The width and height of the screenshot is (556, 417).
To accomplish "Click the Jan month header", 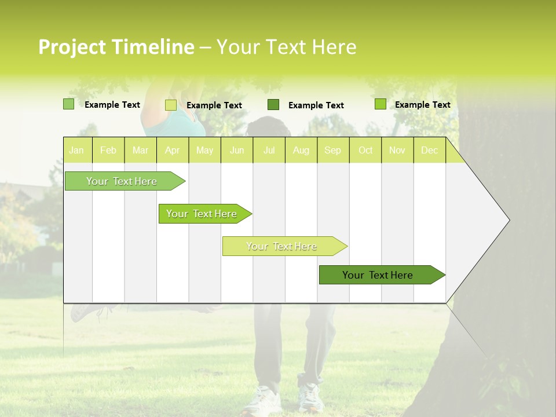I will (x=77, y=151).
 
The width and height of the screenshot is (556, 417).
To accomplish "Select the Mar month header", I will (x=140, y=151).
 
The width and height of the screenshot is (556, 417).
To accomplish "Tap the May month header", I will (x=204, y=151).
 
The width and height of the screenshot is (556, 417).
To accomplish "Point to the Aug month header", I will (x=301, y=151).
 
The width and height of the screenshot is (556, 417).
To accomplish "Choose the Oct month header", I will (x=365, y=151).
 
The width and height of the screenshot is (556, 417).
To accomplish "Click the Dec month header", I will (x=429, y=151).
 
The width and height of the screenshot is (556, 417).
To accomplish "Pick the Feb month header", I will (x=108, y=151).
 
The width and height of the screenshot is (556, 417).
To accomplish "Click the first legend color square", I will (x=68, y=104).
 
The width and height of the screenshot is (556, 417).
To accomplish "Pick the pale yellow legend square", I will (x=170, y=105).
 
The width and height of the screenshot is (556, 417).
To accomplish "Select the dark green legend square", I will (x=273, y=105).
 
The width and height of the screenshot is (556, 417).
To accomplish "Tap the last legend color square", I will (x=380, y=104).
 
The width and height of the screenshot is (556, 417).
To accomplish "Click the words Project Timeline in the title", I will (x=116, y=47).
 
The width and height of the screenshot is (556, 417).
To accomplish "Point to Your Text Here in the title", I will (x=286, y=47).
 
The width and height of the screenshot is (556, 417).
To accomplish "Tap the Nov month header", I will (x=397, y=151).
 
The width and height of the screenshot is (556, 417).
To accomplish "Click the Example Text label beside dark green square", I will (x=316, y=105).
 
